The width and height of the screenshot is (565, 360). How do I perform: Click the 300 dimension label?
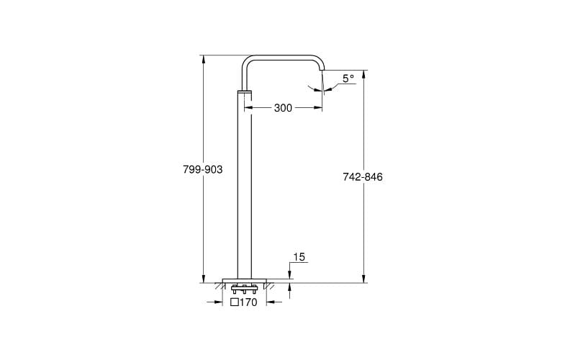283,108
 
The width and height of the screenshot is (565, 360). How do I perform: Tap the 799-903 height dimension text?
203,169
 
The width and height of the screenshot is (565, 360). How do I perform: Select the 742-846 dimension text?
363,177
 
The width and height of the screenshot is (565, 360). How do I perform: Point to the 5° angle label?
348,78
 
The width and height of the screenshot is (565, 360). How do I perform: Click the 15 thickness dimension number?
299,257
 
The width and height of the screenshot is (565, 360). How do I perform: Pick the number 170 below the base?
248,302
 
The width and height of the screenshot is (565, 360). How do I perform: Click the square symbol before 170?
234,302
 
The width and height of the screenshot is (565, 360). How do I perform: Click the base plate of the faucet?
245,280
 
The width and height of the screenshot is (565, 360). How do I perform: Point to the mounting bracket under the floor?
245,289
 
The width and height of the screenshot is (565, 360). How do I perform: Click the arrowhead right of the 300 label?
318,108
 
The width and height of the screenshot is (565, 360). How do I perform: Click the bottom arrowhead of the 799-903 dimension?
203,279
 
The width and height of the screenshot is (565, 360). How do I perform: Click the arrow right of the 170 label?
270,302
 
